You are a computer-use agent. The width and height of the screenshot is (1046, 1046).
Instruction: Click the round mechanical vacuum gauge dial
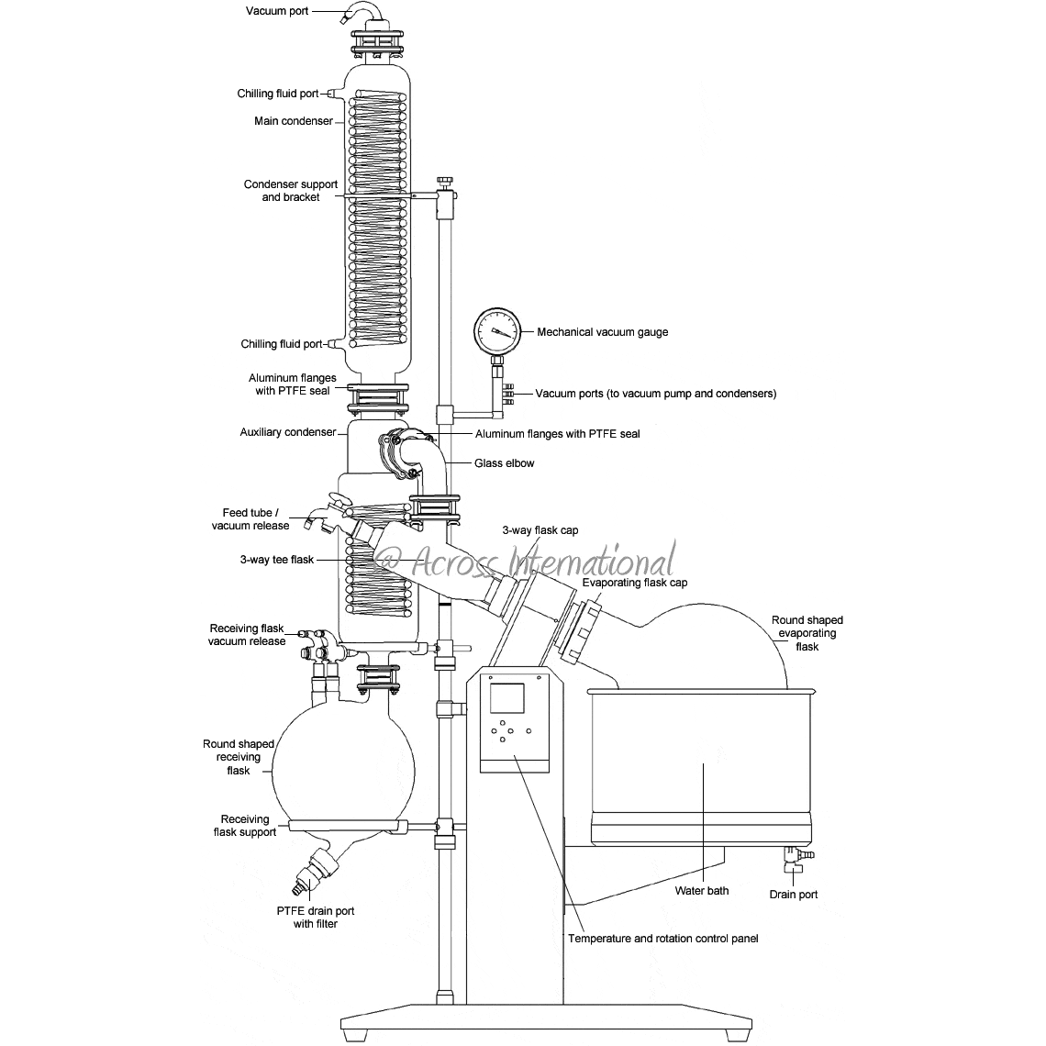click(x=496, y=331)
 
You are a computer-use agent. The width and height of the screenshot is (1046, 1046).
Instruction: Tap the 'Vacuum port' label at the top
click(x=277, y=11)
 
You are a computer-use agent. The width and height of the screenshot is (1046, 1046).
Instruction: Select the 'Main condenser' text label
click(x=294, y=121)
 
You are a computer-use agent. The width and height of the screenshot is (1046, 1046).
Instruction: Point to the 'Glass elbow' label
click(x=505, y=463)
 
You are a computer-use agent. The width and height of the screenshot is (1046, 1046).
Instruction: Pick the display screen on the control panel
click(x=507, y=697)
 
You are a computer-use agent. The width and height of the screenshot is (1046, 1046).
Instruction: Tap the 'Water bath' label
click(x=702, y=891)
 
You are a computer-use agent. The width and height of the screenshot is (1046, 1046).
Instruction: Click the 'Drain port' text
click(x=793, y=895)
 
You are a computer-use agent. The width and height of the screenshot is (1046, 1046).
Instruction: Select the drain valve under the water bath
click(x=796, y=859)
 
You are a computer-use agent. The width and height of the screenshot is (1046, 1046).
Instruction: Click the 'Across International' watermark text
click(x=527, y=562)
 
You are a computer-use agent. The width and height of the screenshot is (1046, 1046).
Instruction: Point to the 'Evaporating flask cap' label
click(x=634, y=583)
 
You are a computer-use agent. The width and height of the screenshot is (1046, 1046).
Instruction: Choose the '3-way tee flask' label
click(x=277, y=560)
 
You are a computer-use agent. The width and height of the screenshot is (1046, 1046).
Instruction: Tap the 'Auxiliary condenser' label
click(x=288, y=432)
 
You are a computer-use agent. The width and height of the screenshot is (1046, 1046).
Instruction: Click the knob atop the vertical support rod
click(x=445, y=182)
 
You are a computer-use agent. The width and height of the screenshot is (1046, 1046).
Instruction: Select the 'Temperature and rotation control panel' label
click(x=663, y=939)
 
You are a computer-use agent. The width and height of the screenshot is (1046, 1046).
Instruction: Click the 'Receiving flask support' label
click(x=245, y=826)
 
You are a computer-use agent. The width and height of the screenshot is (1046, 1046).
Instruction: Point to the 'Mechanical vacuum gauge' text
click(x=603, y=332)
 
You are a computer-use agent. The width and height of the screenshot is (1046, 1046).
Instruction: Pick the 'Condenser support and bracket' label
click(x=291, y=191)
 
